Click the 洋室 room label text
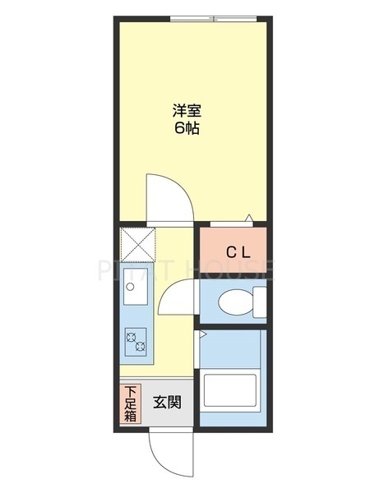point(187,111)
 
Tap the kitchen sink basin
point(136,284)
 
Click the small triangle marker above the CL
point(249,218)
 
